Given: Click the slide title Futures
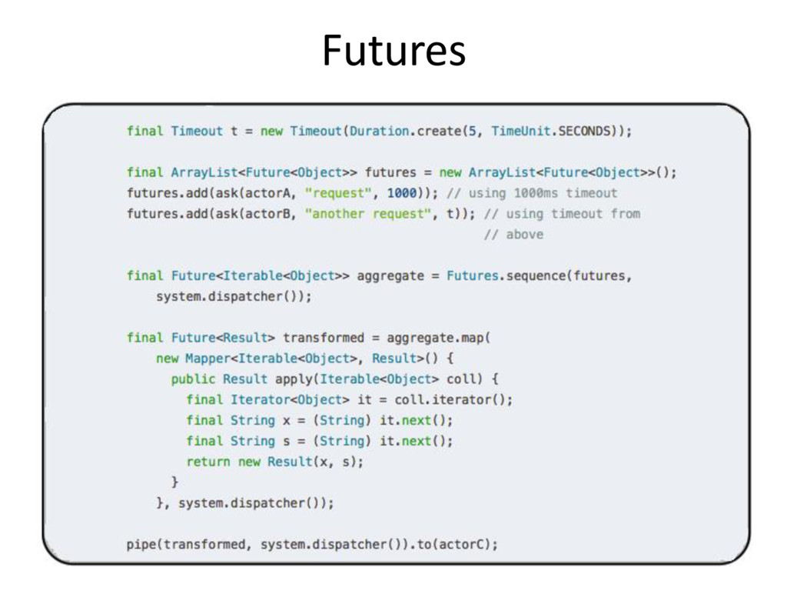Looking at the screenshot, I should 393,52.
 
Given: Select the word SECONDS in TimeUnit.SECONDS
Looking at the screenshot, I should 586,132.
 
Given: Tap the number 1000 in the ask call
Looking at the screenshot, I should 403,192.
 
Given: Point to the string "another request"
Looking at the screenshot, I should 368,213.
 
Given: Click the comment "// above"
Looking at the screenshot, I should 513,234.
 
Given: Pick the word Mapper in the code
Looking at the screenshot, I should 204,358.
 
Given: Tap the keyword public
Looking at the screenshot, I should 193,379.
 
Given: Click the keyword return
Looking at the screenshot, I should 208,462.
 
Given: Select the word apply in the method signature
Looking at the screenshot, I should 293,379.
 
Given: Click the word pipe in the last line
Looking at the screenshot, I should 141,545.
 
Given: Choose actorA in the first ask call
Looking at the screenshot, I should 260,192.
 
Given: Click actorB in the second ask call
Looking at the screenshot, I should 260,213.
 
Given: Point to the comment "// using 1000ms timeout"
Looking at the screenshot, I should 531,192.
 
